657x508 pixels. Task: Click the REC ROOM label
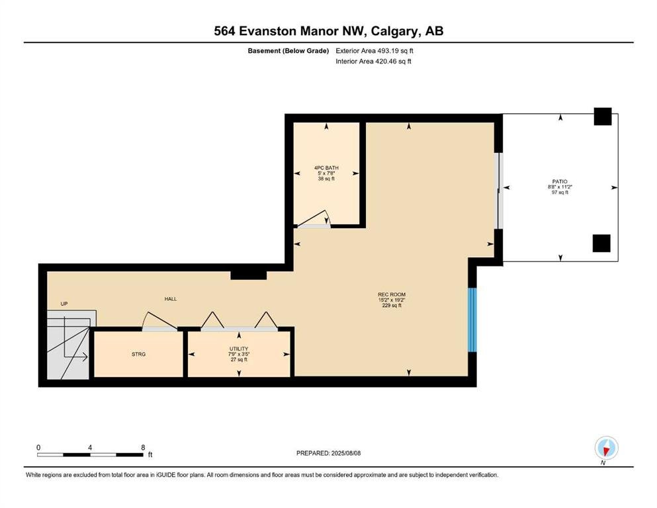(392, 294)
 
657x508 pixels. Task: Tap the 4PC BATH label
(326, 168)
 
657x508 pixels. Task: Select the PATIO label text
(560, 182)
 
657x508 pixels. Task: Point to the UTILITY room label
(239, 349)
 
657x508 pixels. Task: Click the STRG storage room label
(139, 355)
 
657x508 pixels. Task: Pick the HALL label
(171, 299)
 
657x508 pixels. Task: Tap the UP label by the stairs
(64, 304)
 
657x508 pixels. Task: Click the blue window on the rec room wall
(472, 320)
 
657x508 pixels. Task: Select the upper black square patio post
(603, 116)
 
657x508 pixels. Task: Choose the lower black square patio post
(601, 243)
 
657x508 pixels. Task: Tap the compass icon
(606, 448)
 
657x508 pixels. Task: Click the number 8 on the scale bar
(143, 447)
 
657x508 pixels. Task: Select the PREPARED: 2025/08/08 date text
(328, 453)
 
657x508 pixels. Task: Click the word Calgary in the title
(395, 31)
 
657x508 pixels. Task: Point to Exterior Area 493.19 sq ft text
(374, 51)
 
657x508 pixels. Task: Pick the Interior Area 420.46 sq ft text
(373, 61)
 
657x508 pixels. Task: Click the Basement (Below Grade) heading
(288, 51)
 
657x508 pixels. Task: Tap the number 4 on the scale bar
(90, 447)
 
